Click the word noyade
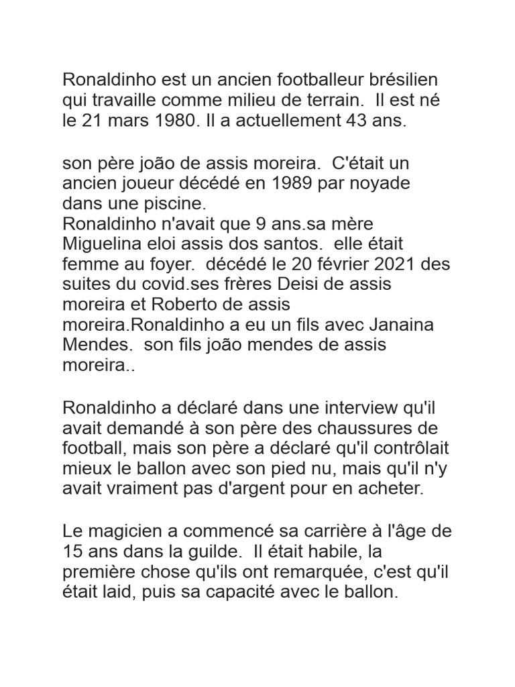pos(378,183)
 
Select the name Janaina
pos(408,324)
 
